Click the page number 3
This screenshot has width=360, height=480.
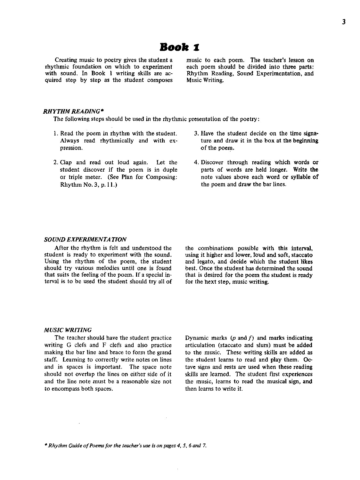[343, 22]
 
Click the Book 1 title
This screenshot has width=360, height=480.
[180, 47]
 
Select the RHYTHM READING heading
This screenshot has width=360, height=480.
[71, 111]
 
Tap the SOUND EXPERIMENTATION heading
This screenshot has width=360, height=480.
[85, 239]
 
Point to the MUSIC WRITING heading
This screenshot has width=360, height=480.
[68, 330]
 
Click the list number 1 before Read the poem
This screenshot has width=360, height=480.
[55, 134]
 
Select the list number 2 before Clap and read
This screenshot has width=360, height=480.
[55, 163]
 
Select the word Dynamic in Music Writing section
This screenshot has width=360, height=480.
[196, 338]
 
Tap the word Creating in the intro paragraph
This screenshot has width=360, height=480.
[66, 60]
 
